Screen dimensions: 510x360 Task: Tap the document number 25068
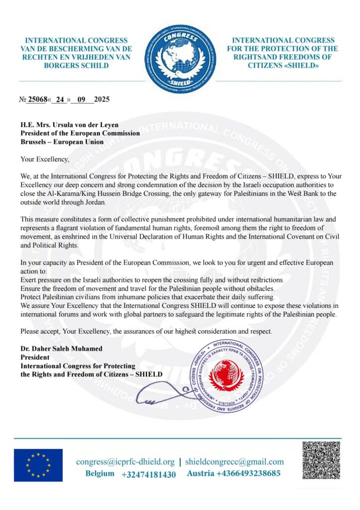point(37,99)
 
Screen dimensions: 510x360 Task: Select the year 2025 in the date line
point(102,99)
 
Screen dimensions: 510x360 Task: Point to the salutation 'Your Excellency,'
point(45,159)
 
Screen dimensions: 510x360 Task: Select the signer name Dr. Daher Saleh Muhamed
point(62,349)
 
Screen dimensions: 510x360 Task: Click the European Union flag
point(38,465)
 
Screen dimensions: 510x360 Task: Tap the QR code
point(321,460)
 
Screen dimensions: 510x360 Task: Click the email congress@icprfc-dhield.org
point(125,462)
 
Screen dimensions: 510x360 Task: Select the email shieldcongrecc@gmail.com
point(235,462)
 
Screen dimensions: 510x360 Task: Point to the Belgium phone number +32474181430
point(148,474)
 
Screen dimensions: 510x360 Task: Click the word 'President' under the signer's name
point(35,357)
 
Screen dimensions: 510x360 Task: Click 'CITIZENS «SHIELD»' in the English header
point(282,65)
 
